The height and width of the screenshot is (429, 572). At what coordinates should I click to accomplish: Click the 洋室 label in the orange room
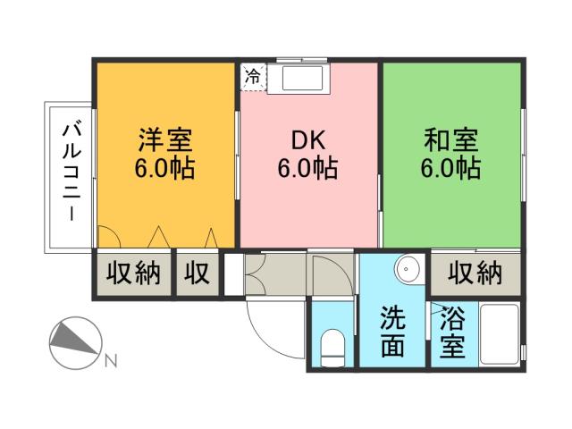point(165,139)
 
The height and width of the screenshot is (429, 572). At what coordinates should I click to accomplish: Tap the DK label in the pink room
point(307,139)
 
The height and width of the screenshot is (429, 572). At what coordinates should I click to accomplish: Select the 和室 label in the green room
point(451,139)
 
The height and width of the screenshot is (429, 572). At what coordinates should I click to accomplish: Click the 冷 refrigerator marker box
point(254,77)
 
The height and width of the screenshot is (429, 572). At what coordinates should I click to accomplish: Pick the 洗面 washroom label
point(393,332)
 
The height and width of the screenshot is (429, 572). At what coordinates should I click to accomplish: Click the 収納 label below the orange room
point(134,273)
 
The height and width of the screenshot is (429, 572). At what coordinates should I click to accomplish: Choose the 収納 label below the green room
point(475,273)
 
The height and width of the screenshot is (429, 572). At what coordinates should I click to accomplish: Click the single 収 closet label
point(197,273)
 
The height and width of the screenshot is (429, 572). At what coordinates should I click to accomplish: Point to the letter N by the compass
point(111,361)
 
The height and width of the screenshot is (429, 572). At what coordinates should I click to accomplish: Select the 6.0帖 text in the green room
point(451,168)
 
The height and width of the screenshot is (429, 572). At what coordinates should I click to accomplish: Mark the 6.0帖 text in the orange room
point(165,168)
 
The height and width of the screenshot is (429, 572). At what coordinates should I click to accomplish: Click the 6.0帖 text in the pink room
point(307,168)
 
